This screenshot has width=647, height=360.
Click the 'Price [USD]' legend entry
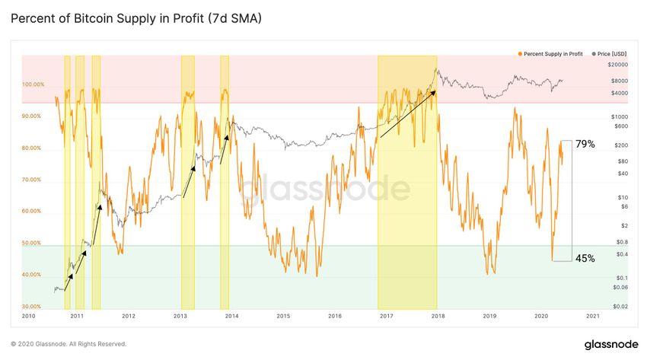coord(605,55)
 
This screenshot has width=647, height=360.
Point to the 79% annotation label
coord(585,144)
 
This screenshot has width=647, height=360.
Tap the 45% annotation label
coord(585,258)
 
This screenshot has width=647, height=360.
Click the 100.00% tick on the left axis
coord(33,84)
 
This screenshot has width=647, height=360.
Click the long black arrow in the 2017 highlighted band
coord(407,114)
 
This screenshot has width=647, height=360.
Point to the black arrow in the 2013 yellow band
coord(188,180)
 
